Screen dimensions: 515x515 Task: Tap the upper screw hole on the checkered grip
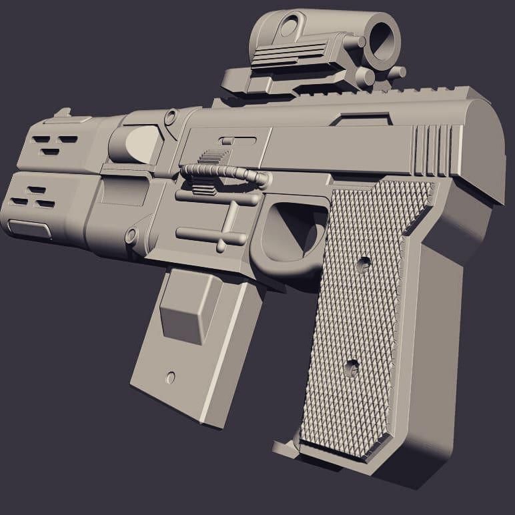[364, 265]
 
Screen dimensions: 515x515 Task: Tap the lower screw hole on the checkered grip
[352, 365]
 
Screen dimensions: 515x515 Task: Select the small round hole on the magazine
[170, 377]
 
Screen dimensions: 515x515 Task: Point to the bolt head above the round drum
[171, 118]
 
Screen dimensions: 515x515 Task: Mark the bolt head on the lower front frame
[131, 235]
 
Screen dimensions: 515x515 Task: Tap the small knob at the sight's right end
[398, 72]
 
